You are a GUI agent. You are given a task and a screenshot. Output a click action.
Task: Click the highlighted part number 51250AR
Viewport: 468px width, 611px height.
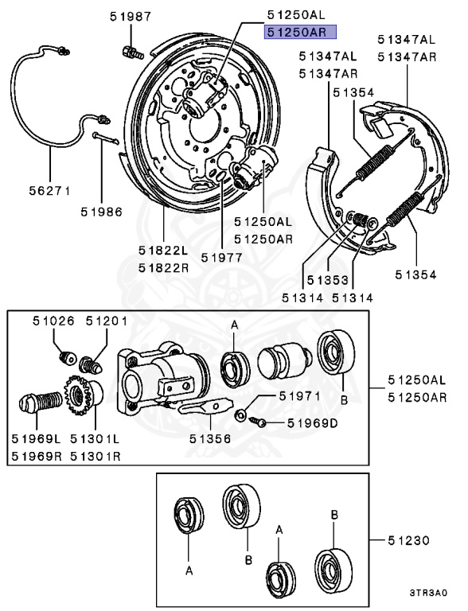301,33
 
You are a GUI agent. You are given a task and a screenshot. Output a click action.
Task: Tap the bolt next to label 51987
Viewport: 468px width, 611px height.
131,53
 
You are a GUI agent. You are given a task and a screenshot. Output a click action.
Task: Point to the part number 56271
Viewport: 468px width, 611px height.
51,191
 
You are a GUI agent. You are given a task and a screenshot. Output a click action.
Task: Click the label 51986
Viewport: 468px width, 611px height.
101,212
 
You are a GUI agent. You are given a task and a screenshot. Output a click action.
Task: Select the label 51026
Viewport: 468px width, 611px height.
53,321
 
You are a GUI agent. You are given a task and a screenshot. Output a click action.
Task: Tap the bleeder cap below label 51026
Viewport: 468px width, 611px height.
67,356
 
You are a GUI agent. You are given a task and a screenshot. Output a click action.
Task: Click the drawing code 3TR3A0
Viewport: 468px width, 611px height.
428,593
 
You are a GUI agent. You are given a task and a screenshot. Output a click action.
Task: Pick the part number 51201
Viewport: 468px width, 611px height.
107,321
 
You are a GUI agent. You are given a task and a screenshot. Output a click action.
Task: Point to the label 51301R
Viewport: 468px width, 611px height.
96,456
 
